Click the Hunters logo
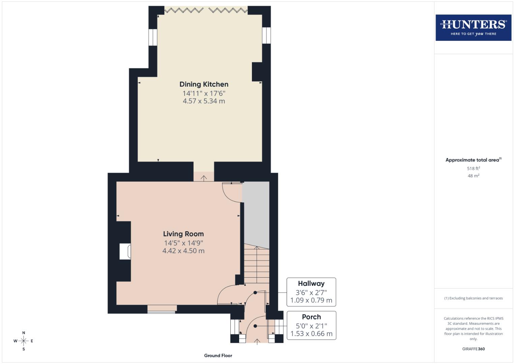(x=473, y=28)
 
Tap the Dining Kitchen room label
(x=204, y=84)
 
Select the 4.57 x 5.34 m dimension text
(x=204, y=101)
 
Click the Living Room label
(x=183, y=234)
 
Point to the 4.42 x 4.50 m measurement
(x=183, y=251)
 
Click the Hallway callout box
(x=311, y=292)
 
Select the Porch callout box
(x=311, y=325)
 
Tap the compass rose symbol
(x=24, y=341)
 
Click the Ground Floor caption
(x=218, y=356)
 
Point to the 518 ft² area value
(x=473, y=169)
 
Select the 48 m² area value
(x=473, y=176)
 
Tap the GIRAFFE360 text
(x=473, y=349)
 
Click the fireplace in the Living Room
(x=125, y=251)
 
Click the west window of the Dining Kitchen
(x=153, y=37)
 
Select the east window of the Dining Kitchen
(x=266, y=35)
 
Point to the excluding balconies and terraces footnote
(x=473, y=298)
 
